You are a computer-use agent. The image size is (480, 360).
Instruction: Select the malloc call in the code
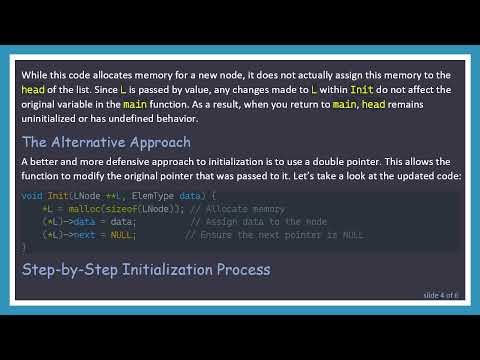click(x=80, y=208)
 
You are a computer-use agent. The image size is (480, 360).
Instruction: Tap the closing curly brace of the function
click(x=24, y=246)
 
